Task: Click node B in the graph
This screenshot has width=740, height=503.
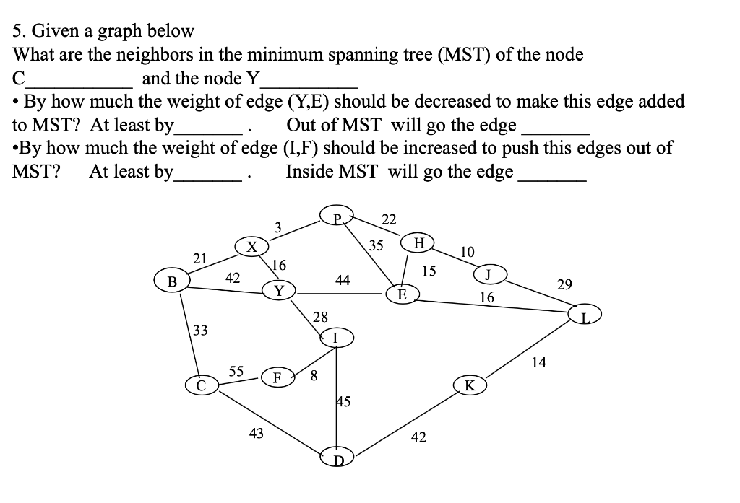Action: [x=172, y=281]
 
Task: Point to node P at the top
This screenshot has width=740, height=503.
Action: [x=336, y=214]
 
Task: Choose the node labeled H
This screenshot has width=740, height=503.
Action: [x=419, y=242]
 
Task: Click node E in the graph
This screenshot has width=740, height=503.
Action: [x=403, y=294]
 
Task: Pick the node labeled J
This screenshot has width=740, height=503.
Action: [x=489, y=274]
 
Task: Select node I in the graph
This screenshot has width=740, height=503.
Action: [x=335, y=336]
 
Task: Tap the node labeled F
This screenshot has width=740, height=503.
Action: [x=277, y=377]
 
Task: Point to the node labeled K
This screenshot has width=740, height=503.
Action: [x=470, y=385]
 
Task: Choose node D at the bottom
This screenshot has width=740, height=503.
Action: [x=336, y=459]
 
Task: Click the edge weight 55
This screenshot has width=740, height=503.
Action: [x=236, y=372]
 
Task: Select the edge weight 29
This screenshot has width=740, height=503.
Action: [x=564, y=284]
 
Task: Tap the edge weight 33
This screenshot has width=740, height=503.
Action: [x=200, y=331]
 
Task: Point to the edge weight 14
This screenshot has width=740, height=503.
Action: [x=538, y=362]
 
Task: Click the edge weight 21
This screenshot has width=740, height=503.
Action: [x=200, y=258]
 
